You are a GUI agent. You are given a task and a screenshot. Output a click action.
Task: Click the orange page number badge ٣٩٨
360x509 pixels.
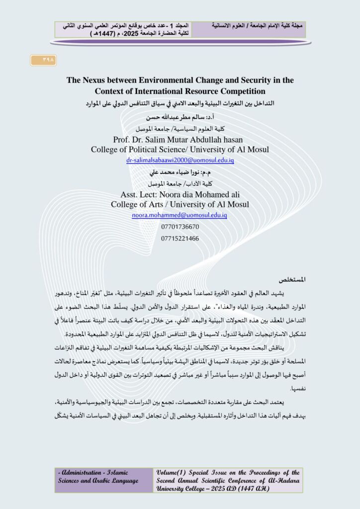(x=43, y=60)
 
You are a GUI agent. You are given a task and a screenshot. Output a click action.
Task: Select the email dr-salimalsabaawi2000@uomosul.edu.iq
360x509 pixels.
(x=180, y=161)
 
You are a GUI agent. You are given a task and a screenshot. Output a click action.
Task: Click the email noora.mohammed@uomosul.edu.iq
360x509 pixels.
(x=180, y=215)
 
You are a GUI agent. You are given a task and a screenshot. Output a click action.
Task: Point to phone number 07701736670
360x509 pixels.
(x=180, y=227)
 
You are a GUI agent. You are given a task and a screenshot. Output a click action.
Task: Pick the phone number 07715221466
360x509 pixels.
(x=180, y=239)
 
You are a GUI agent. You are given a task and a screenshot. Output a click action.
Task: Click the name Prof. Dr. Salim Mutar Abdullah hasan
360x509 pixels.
(x=180, y=140)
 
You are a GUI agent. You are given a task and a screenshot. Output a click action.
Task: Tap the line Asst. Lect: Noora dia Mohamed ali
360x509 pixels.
(x=180, y=194)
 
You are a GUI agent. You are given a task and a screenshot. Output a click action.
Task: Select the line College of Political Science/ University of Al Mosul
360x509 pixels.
(x=180, y=150)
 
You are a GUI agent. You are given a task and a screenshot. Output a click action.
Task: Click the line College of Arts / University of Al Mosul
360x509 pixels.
(x=180, y=204)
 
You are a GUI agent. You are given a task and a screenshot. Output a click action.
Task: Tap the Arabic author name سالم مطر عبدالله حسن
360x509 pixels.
(x=180, y=118)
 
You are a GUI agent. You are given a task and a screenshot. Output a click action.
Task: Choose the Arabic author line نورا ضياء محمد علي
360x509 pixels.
(x=180, y=172)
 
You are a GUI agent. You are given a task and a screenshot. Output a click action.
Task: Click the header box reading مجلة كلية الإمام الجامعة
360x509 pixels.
(x=249, y=29)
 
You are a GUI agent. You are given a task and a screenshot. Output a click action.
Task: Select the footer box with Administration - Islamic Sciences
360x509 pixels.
(x=103, y=480)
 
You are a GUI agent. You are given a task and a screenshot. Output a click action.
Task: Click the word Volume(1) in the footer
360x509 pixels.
(x=172, y=473)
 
